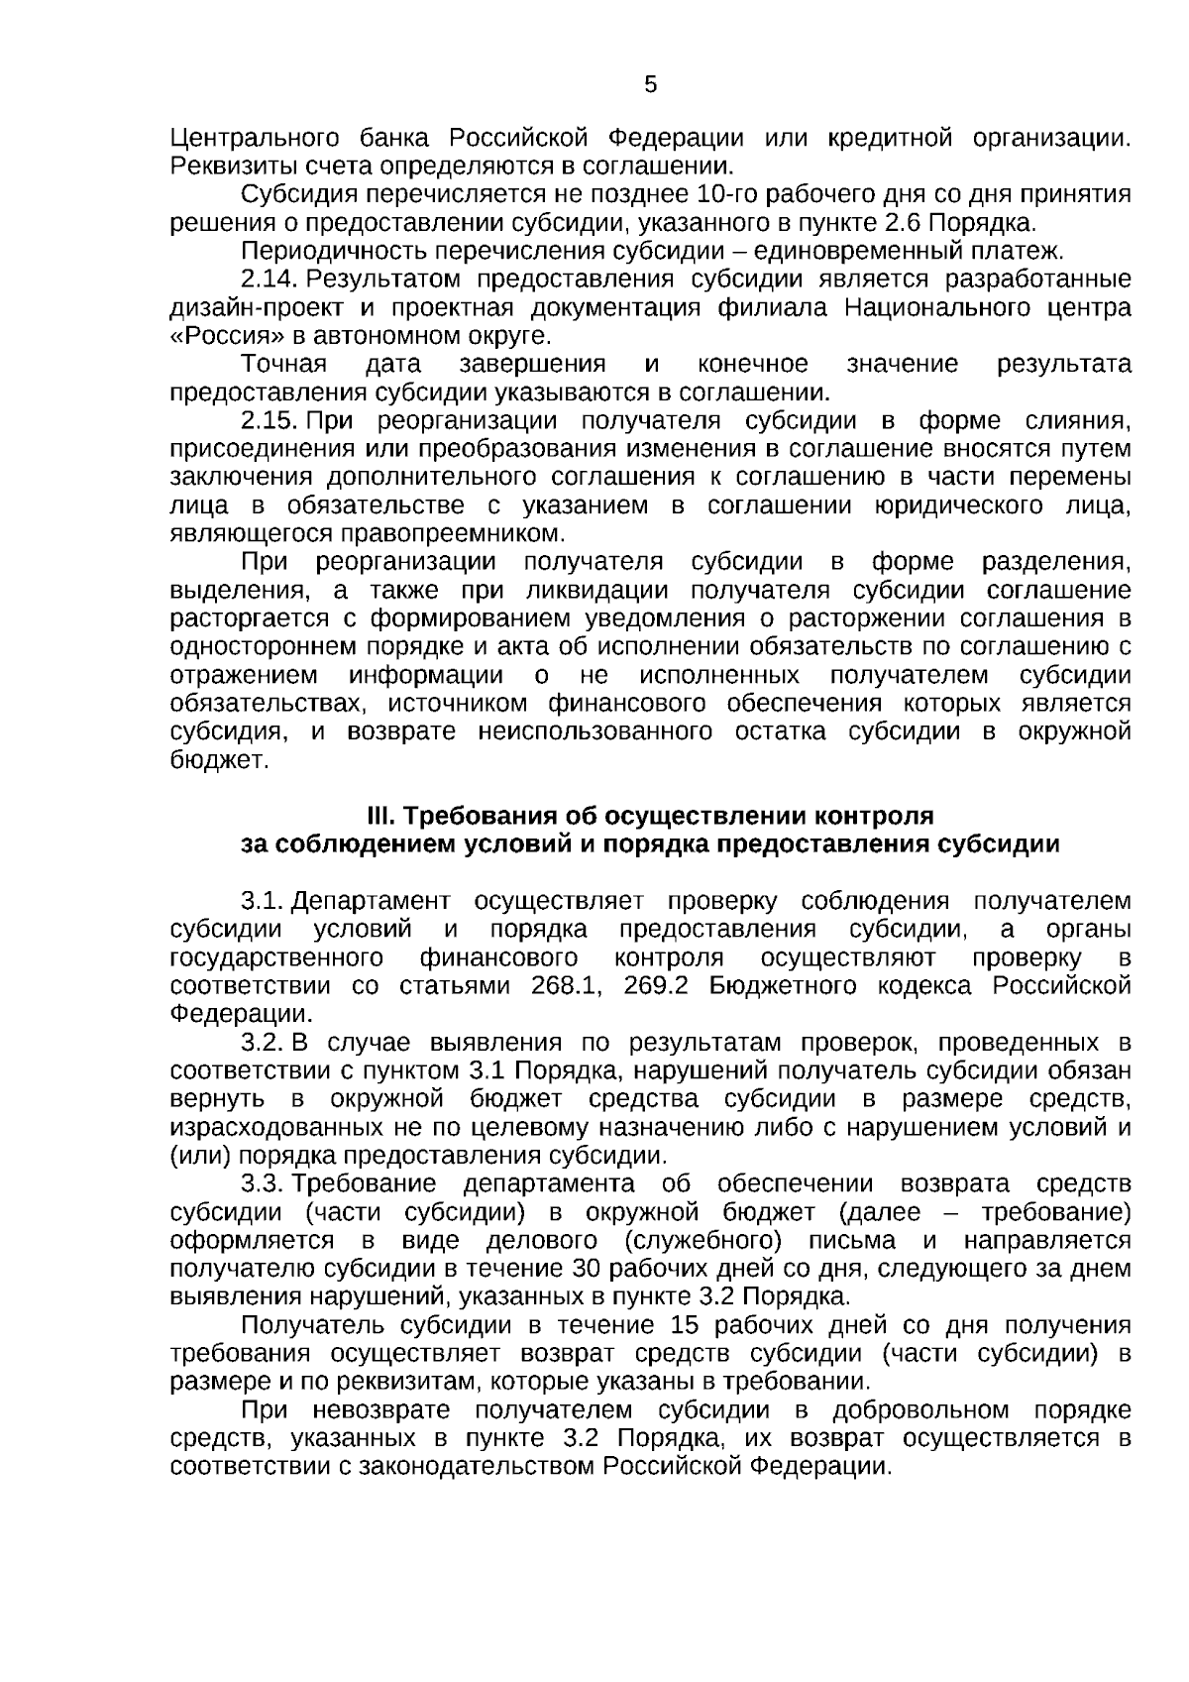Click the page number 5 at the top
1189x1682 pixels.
tap(650, 85)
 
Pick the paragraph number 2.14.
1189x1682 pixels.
tap(270, 279)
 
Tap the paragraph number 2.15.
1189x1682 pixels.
tap(270, 420)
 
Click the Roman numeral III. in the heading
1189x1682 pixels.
tap(380, 817)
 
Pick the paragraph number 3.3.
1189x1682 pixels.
tap(263, 1184)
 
